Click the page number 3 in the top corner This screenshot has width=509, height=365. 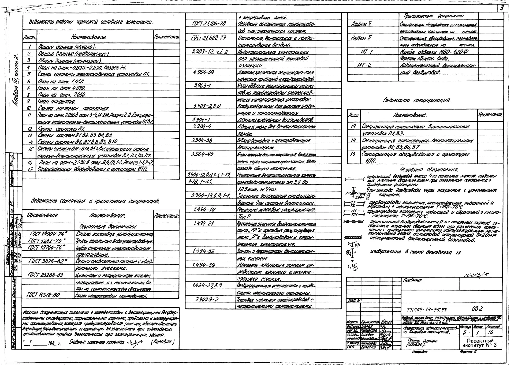tap(502, 8)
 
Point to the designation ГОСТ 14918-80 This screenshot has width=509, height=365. tap(43, 295)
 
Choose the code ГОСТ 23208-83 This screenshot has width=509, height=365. tap(45, 275)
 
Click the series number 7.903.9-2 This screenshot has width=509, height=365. tap(207, 299)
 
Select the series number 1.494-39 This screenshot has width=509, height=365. tap(204, 265)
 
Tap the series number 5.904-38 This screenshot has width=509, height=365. tap(202, 140)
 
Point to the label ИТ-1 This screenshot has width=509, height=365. tap(366, 52)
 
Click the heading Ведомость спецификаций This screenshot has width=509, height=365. tap(417, 100)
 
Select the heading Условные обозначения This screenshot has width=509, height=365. tap(429, 170)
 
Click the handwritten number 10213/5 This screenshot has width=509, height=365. tap(476, 275)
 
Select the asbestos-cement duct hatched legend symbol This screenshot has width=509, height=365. tap(353, 237)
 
